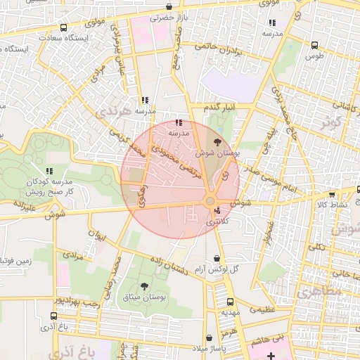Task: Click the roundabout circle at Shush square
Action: pos(210,202)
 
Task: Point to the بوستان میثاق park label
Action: pos(144,297)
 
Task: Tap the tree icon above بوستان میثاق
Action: pos(145,285)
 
